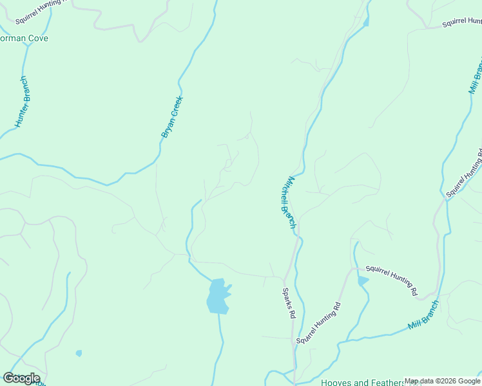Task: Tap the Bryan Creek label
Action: (x=173, y=116)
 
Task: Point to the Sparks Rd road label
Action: (x=288, y=303)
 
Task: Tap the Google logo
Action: (x=21, y=378)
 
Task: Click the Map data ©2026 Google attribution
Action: (x=442, y=381)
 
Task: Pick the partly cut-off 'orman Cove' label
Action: (x=24, y=39)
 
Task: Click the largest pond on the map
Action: (x=218, y=297)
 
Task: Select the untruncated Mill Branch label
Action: (x=423, y=316)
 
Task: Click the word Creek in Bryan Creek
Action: (x=177, y=106)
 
